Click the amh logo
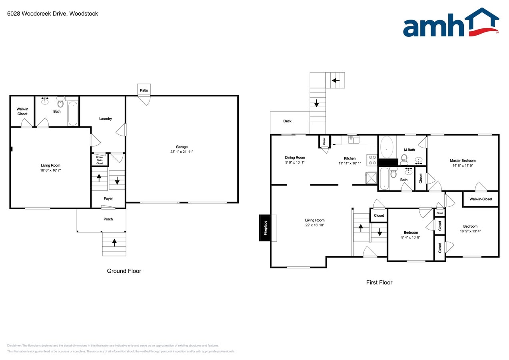(451, 23)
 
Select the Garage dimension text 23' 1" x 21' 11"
(182, 152)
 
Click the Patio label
(144, 90)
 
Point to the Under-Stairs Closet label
(100, 160)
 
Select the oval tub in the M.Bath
(387, 147)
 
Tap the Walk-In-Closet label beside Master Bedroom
(481, 199)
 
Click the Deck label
(287, 121)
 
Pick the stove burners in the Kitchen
(372, 160)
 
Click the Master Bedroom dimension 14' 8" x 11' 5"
(463, 165)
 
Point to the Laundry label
(106, 119)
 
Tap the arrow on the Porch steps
(114, 242)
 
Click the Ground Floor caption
(124, 271)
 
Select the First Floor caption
(379, 282)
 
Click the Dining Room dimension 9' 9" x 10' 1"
(295, 162)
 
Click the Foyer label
(108, 198)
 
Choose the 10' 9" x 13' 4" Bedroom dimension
(470, 231)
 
